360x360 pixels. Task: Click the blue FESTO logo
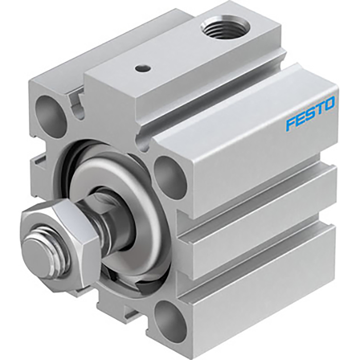coord(311,113)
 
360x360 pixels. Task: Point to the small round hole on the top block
coord(140,67)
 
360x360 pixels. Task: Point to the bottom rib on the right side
coord(267,303)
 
